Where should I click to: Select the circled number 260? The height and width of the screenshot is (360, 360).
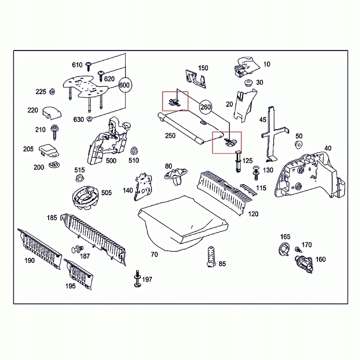pyautogui.click(x=205, y=107)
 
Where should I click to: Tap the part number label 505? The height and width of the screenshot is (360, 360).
pyautogui.click(x=106, y=193)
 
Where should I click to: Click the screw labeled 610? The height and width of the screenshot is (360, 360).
pyautogui.click(x=89, y=65)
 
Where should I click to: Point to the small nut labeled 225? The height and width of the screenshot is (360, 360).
pyautogui.click(x=52, y=92)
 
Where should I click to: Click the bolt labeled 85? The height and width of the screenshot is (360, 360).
pyautogui.click(x=210, y=256)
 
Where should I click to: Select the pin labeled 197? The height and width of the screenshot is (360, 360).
pyautogui.click(x=137, y=279)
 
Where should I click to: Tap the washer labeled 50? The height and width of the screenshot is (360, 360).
pyautogui.click(x=298, y=145)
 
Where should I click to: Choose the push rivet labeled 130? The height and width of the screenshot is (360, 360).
pyautogui.click(x=256, y=172)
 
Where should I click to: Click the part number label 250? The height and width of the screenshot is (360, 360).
pyautogui.click(x=170, y=136)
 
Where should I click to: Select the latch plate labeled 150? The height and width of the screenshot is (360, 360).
pyautogui.click(x=196, y=78)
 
